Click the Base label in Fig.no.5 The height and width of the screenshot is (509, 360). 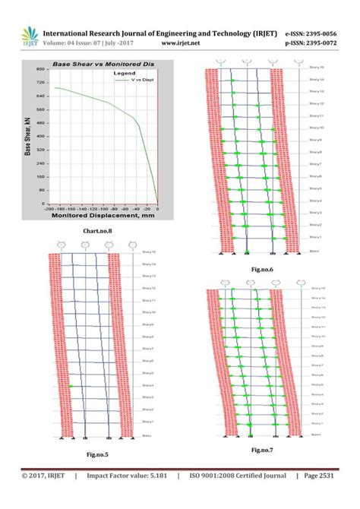tap(147, 434)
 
